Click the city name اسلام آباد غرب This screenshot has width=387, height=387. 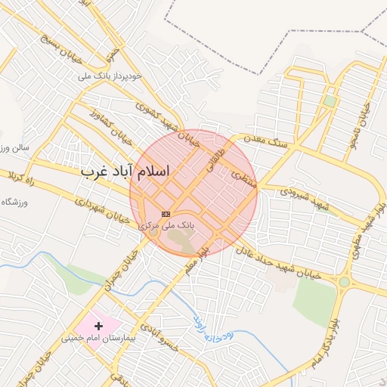[125, 172]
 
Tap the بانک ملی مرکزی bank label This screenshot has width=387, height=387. [169, 225]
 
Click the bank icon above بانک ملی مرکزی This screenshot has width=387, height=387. [166, 215]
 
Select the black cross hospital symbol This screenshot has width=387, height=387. [98, 325]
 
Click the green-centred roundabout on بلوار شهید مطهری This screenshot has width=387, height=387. [344, 282]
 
